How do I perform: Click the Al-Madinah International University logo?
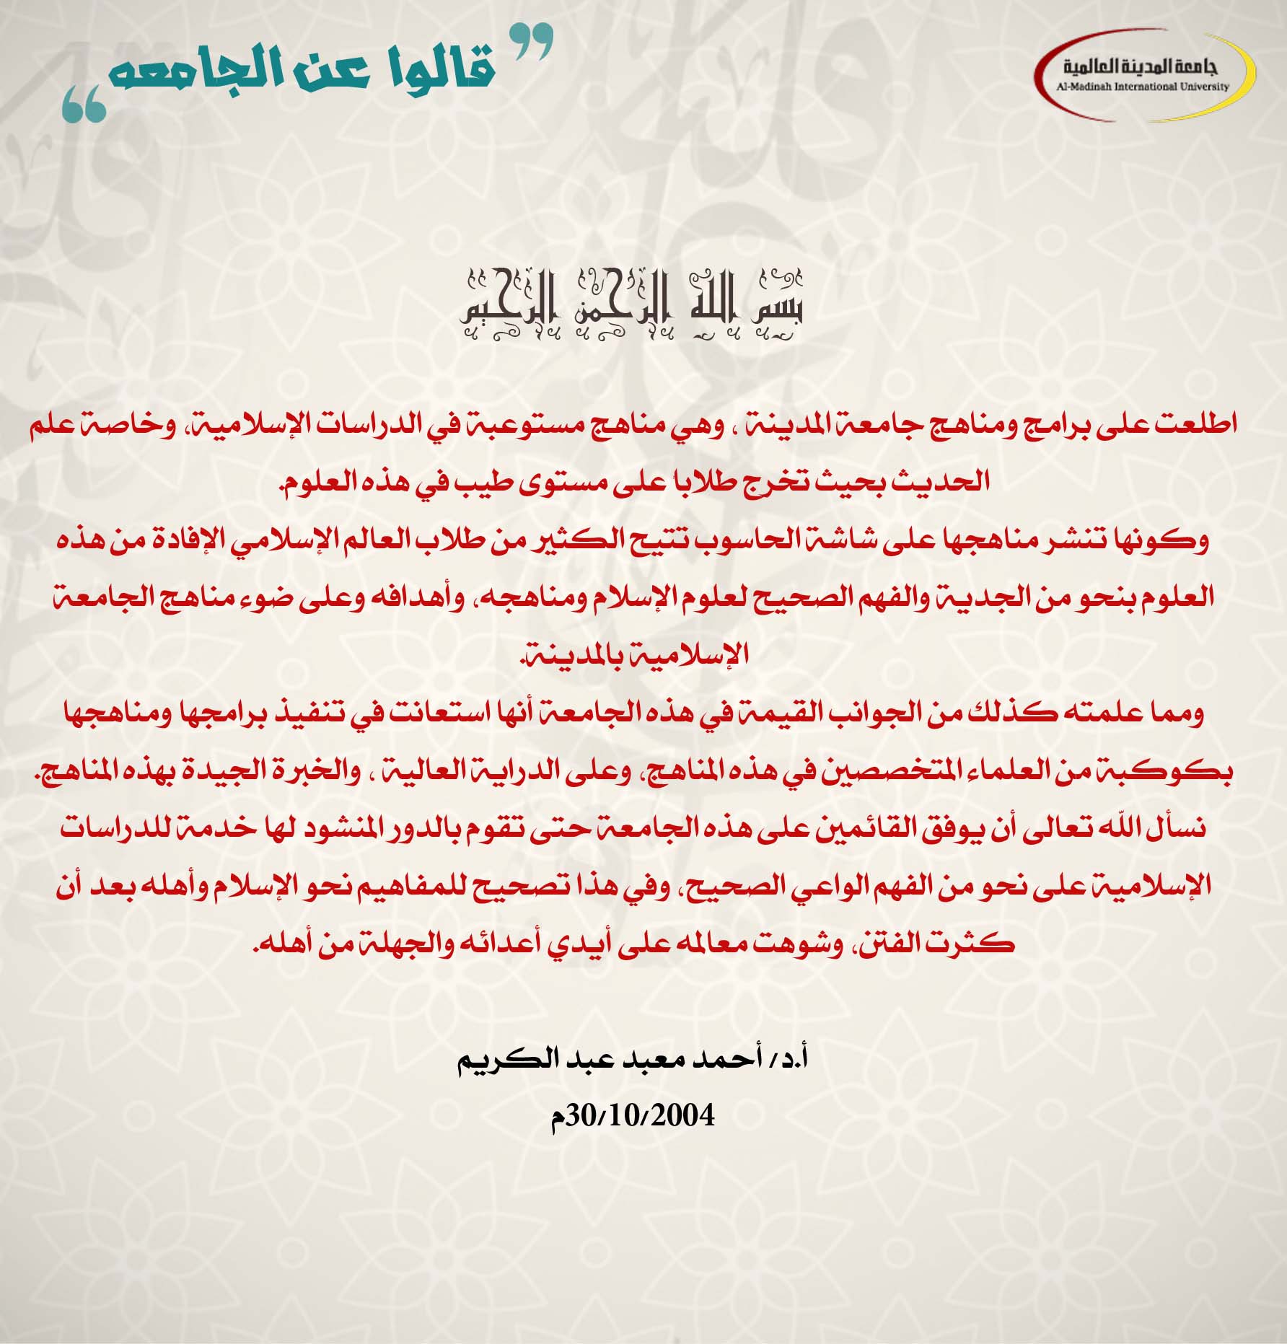click(1145, 73)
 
